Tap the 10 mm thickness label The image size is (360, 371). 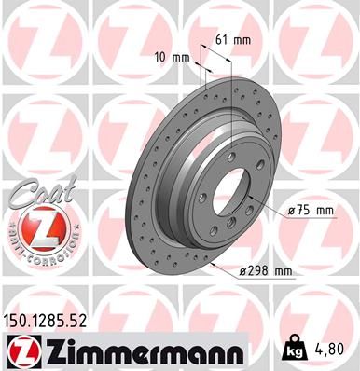[x=174, y=58]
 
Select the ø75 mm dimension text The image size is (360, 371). [x=312, y=212]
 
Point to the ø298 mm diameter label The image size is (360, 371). [x=267, y=270]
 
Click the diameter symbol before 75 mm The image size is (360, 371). [x=292, y=212]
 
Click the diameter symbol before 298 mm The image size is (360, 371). [x=244, y=270]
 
